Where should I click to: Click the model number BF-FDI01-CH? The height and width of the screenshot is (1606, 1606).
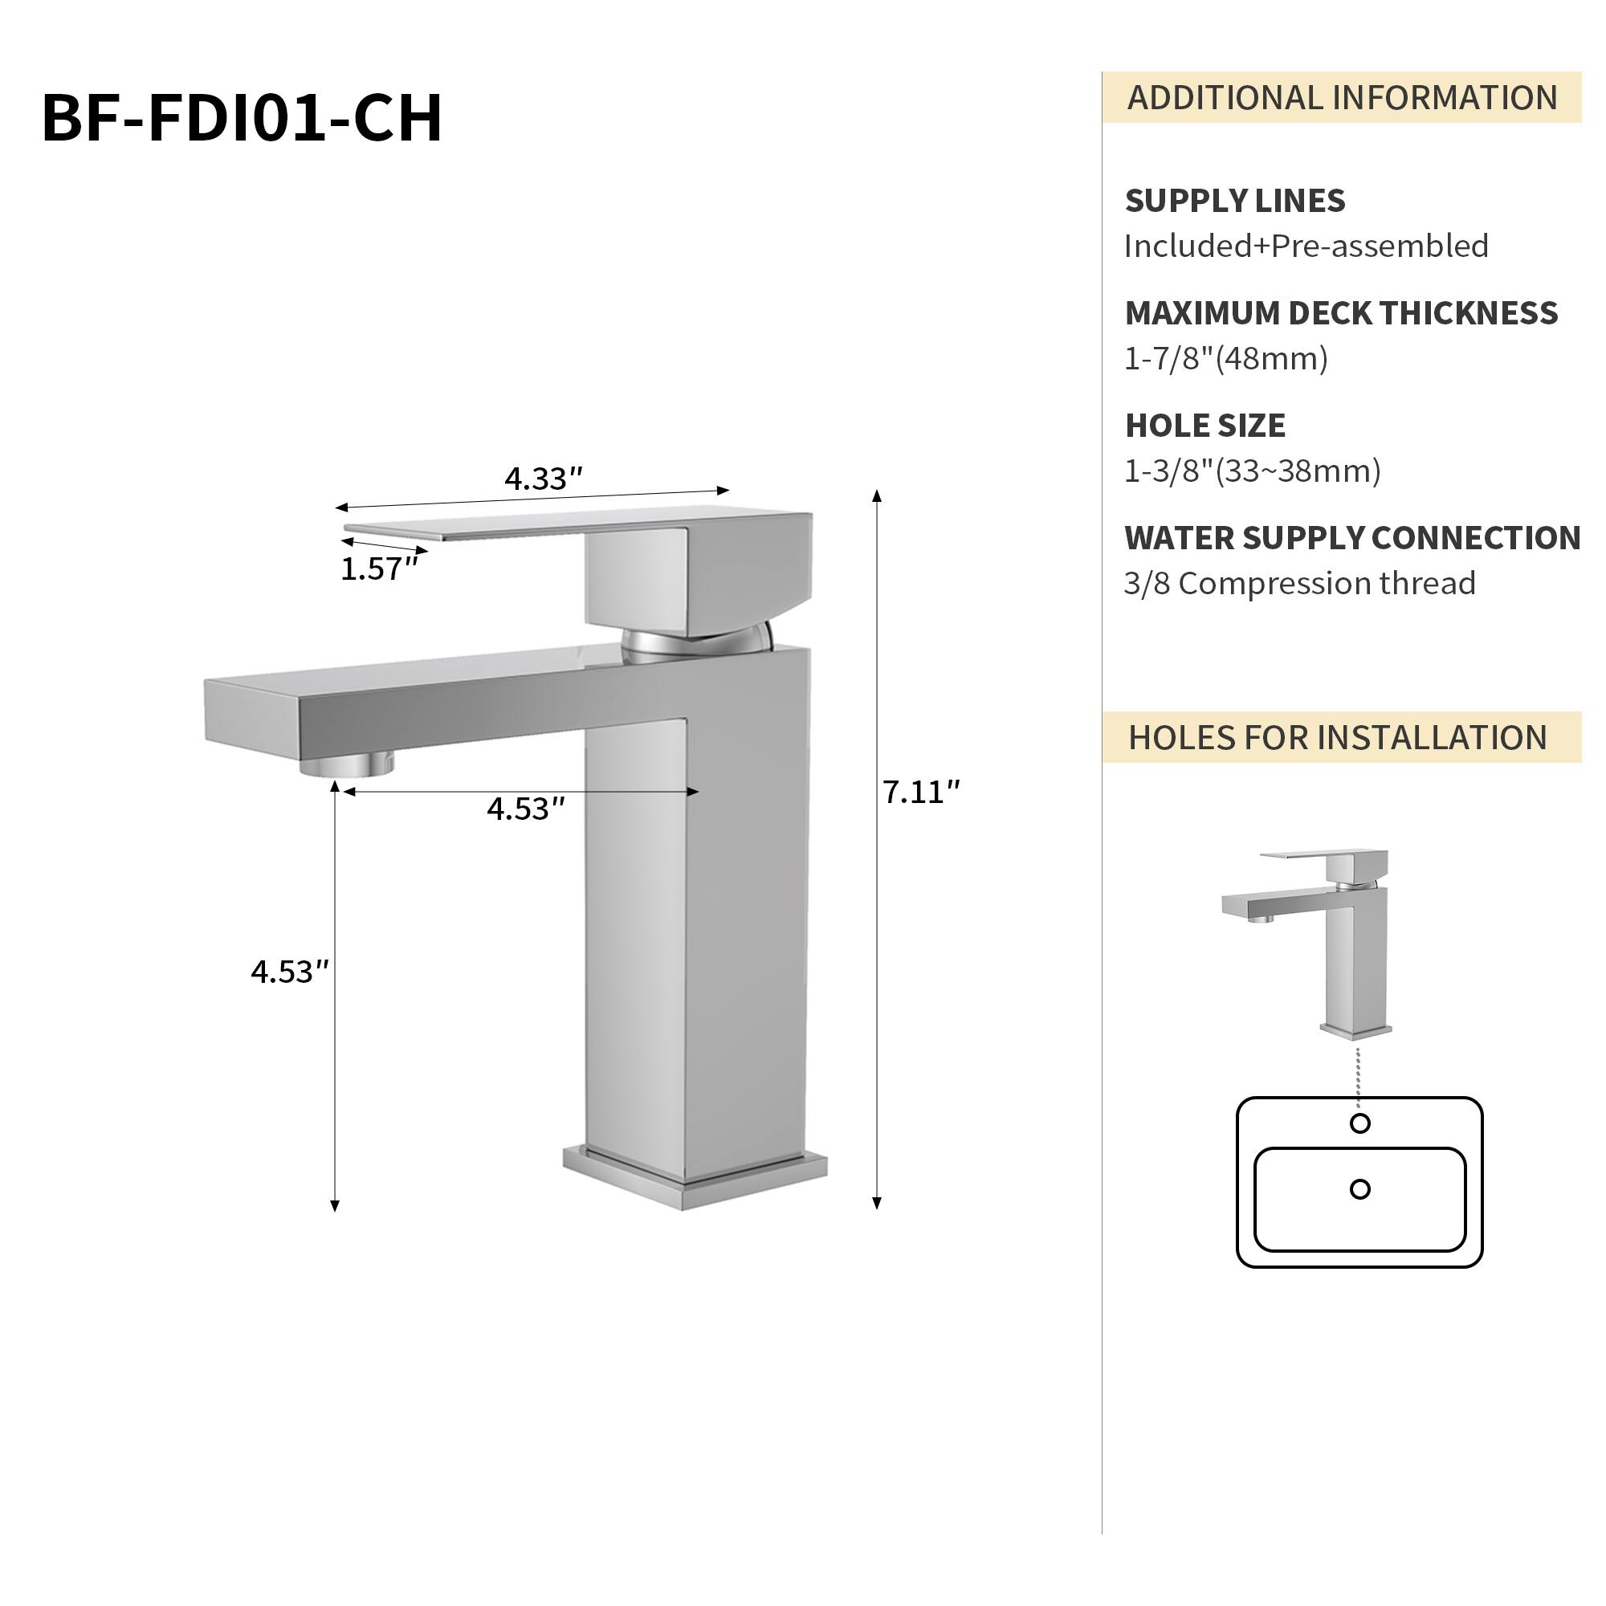(242, 117)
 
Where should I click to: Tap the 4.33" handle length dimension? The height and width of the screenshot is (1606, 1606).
(543, 479)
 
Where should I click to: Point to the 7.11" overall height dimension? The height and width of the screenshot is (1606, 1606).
(920, 793)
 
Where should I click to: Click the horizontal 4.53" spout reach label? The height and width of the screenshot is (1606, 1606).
(525, 809)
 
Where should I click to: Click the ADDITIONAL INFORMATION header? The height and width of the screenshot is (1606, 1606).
(1342, 98)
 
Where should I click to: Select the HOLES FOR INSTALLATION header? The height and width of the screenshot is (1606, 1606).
(1338, 738)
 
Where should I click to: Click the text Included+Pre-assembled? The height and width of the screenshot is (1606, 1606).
(1306, 247)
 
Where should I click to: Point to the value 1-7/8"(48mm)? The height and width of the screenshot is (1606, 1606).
(1226, 359)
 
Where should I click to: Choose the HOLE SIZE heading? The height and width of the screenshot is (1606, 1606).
(1204, 426)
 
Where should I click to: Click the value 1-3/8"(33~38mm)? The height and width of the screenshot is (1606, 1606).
(1252, 471)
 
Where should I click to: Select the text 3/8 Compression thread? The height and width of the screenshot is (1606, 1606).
(1299, 584)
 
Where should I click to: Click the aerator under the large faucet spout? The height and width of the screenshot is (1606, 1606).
(347, 764)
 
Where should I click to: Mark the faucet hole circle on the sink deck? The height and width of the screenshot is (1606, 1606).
(1360, 1124)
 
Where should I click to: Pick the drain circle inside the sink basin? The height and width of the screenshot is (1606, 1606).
(1360, 1189)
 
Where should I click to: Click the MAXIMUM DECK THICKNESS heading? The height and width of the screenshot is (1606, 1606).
(1341, 313)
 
